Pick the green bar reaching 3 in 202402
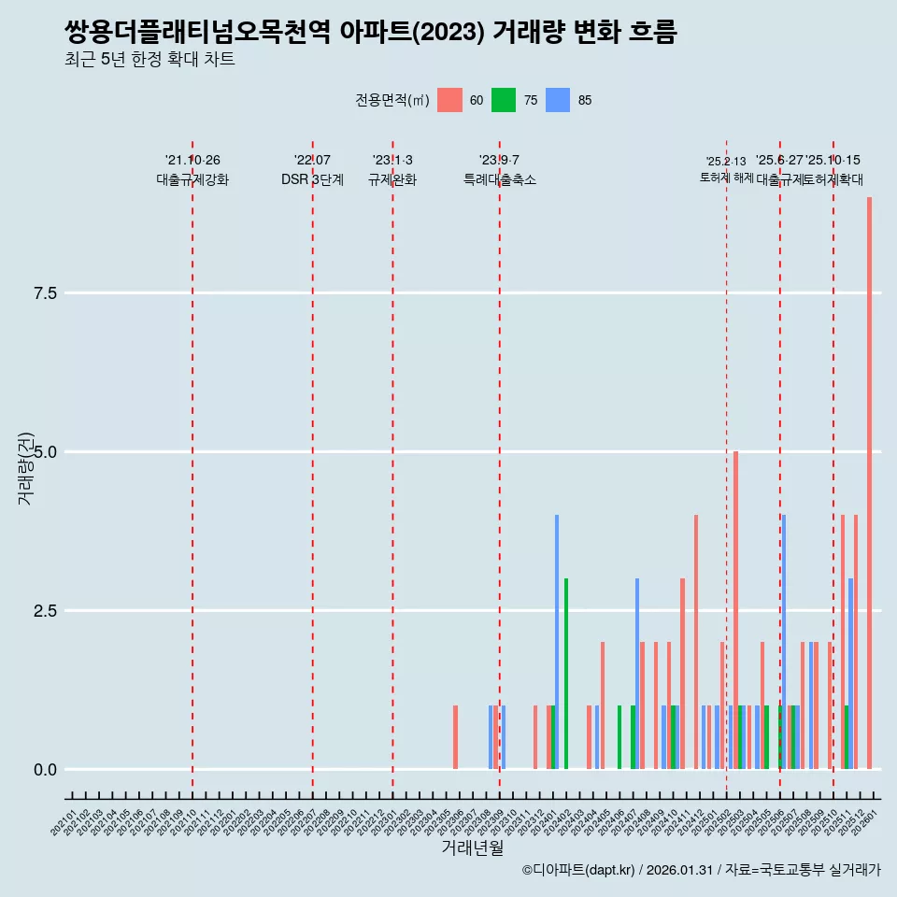[566, 674]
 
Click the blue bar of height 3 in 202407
[637, 674]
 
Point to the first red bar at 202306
[455, 737]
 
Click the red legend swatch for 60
[450, 100]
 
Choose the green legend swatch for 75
[504, 100]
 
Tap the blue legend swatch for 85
[558, 100]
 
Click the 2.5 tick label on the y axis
[46, 611]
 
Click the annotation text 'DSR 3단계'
[312, 179]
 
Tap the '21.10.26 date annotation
[192, 161]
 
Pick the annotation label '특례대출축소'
[500, 179]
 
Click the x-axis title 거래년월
[472, 848]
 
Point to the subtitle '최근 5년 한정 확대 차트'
[149, 60]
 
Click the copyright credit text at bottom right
[701, 871]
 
